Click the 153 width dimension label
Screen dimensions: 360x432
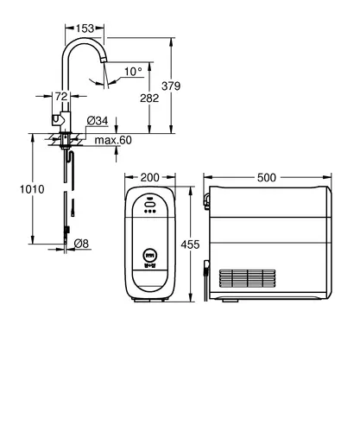[85, 29]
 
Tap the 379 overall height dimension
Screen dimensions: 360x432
[171, 86]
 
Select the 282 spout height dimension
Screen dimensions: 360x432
[149, 98]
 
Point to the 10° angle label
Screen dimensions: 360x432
[133, 71]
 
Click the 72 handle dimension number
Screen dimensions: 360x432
[61, 96]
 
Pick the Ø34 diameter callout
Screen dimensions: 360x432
[98, 121]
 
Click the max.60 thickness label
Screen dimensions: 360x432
[113, 140]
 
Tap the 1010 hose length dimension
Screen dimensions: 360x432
[32, 189]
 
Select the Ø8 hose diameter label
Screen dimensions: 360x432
[81, 244]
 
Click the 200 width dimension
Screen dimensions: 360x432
[149, 177]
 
